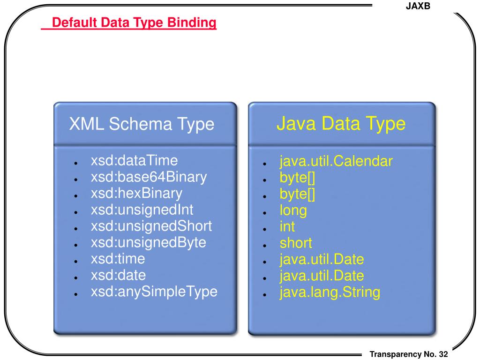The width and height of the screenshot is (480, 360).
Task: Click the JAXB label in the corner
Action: click(417, 7)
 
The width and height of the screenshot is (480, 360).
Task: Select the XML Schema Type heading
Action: click(142, 124)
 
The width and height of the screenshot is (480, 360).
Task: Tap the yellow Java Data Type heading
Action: click(341, 124)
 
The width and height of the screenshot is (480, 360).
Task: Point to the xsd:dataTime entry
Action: click(135, 161)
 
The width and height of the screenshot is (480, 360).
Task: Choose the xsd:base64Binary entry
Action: click(149, 177)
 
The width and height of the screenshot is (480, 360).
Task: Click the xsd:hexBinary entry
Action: click(136, 194)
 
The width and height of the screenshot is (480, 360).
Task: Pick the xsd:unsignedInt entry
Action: click(142, 210)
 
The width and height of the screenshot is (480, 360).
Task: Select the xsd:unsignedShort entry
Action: click(151, 226)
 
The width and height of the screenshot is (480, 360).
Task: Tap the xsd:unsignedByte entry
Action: click(149, 242)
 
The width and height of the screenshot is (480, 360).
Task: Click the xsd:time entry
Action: click(118, 259)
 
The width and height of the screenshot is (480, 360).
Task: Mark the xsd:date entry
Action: click(118, 275)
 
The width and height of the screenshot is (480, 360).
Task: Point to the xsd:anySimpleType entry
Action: click(154, 292)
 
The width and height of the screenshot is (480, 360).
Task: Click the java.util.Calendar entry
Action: click(336, 162)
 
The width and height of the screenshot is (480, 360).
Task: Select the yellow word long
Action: click(293, 210)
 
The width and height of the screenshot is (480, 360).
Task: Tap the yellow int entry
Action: click(287, 227)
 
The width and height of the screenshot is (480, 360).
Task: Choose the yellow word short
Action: click(296, 243)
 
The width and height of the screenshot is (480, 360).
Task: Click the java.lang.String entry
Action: click(330, 292)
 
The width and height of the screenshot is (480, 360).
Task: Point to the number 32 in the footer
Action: click(443, 354)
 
